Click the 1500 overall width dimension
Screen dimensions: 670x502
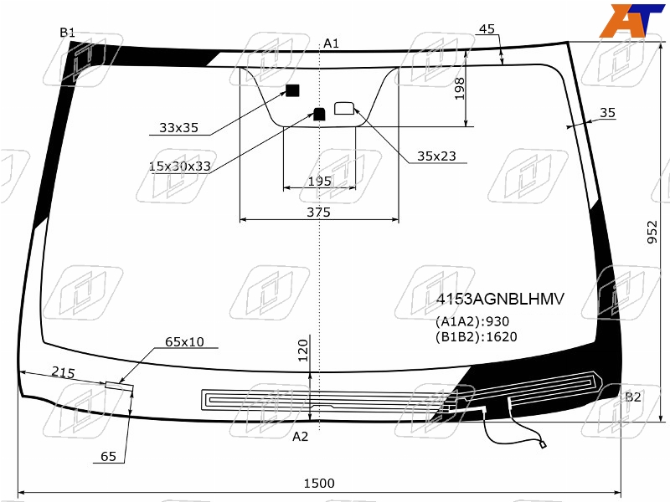pos(319,484)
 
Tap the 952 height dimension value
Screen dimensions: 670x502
pos(652,233)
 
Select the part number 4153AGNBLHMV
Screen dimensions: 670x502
pos(500,299)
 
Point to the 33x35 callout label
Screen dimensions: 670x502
pos(178,128)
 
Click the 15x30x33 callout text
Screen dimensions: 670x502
pos(179,166)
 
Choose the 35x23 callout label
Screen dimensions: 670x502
pos(436,156)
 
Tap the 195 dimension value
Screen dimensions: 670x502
pos(320,182)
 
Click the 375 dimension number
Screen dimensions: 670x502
pos(319,213)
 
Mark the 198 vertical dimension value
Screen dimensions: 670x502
pos(459,89)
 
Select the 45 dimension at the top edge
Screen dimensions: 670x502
pos(487,29)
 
